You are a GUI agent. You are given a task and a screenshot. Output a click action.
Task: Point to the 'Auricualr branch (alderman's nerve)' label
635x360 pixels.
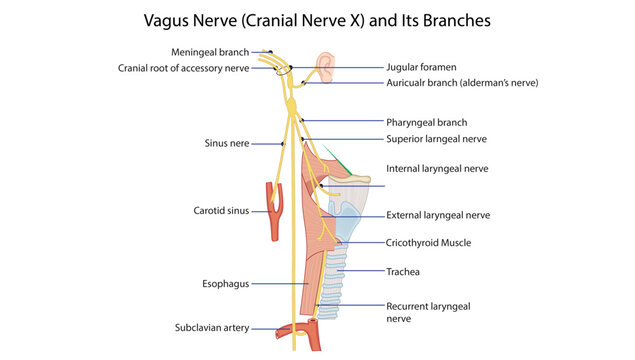[462, 83]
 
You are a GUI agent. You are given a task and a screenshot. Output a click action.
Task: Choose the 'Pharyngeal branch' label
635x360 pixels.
[426, 122]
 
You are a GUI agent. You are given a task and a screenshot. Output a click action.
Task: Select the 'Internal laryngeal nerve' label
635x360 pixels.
[437, 169]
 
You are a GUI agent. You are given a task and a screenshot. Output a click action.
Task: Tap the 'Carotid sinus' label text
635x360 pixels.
[221, 211]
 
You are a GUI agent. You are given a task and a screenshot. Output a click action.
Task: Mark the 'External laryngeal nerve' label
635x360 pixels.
[438, 215]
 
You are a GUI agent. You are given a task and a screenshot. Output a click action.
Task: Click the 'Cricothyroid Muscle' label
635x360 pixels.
[428, 242]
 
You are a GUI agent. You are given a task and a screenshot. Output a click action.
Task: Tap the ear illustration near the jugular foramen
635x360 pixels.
[325, 67]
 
